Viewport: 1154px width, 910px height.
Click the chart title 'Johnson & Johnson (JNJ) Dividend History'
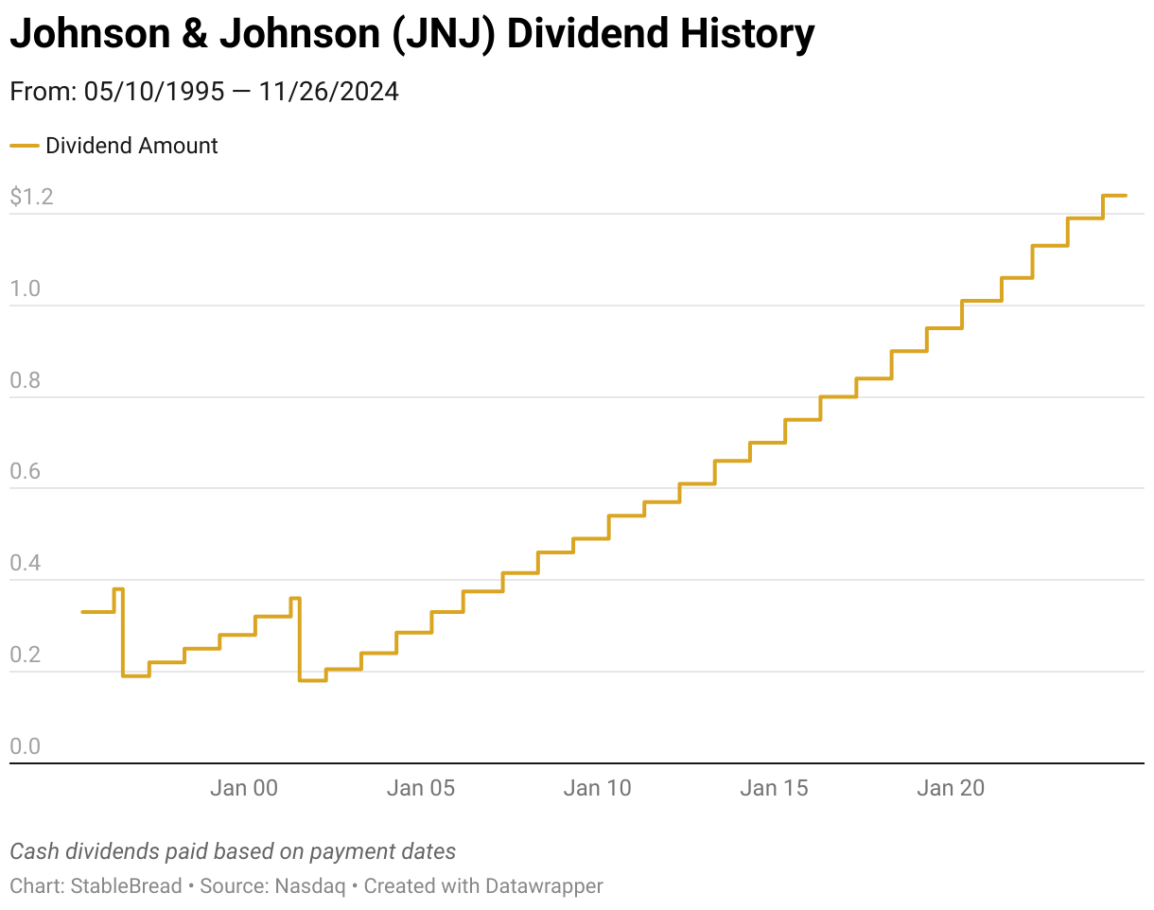point(411,36)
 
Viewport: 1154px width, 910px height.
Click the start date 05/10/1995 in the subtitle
point(154,92)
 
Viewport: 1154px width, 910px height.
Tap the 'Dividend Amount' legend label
point(131,146)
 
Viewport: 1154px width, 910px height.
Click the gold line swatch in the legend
point(24,146)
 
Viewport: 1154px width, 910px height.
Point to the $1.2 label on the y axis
point(31,198)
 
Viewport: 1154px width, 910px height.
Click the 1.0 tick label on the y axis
point(26,289)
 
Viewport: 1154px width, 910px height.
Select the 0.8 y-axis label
point(26,381)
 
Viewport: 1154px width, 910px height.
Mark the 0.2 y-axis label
point(26,656)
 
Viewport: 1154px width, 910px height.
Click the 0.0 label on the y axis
point(26,747)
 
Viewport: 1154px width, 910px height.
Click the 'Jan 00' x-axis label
point(244,788)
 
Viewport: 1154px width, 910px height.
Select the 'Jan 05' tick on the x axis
point(421,788)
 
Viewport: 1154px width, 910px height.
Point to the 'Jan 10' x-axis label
point(597,788)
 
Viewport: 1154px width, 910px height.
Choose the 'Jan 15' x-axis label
point(774,788)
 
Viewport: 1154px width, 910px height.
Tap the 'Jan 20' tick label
point(951,788)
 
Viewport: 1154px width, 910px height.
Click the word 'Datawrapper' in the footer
point(544,886)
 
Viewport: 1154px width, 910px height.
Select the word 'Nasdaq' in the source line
point(310,886)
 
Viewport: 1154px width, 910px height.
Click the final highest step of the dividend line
point(1114,196)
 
